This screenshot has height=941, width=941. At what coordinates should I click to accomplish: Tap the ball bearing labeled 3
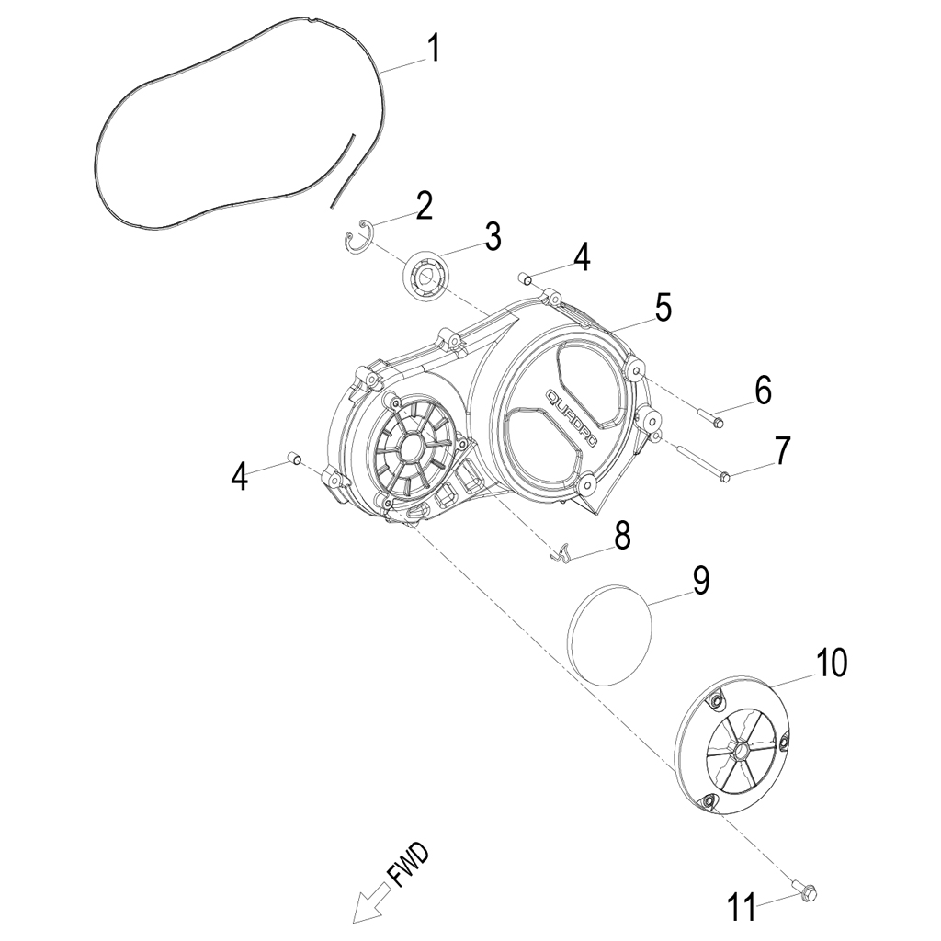click(425, 275)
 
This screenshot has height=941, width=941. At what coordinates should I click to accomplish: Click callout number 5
click(663, 309)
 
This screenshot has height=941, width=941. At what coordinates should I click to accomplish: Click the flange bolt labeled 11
click(806, 890)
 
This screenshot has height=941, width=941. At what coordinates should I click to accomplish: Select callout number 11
click(744, 906)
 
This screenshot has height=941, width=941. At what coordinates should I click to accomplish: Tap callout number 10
click(832, 663)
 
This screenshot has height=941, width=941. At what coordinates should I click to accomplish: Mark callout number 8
click(622, 536)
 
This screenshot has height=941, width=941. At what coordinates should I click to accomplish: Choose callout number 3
click(493, 236)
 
